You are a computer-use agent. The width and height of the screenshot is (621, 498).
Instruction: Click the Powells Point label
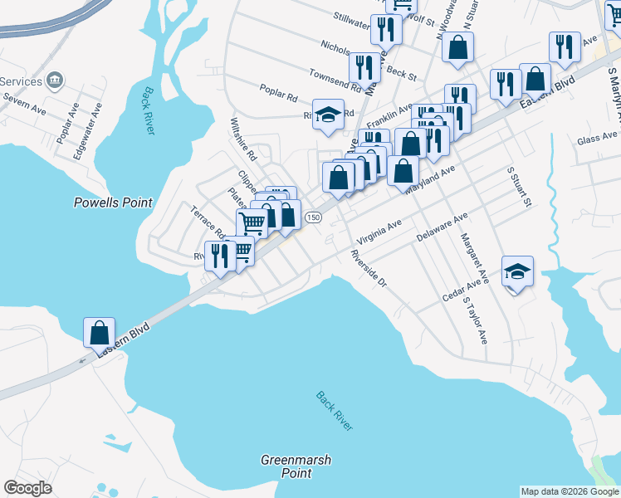click(113, 202)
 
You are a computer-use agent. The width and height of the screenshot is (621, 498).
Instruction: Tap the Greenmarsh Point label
click(286, 466)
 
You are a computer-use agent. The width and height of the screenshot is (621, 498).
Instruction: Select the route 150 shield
click(312, 217)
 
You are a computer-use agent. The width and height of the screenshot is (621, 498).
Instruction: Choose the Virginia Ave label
click(379, 229)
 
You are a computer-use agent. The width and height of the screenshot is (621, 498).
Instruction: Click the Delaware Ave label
click(443, 225)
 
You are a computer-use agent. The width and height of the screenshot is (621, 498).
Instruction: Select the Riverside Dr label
click(369, 269)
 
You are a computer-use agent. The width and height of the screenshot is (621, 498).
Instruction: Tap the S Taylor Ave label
click(476, 320)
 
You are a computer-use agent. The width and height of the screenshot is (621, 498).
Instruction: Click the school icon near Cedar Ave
click(517, 271)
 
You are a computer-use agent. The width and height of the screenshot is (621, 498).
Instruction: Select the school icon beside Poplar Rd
click(329, 114)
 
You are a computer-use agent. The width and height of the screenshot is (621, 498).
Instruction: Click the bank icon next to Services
click(56, 81)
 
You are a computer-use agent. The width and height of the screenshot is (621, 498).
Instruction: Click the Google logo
click(27, 488)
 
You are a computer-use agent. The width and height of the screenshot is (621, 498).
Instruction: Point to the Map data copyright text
click(570, 492)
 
